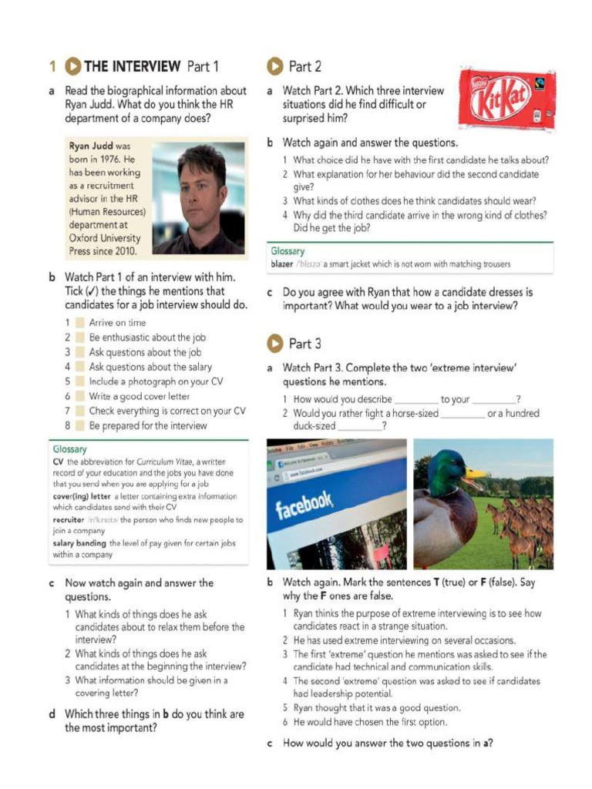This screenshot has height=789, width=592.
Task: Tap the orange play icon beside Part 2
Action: (274, 66)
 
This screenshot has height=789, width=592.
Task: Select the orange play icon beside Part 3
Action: (274, 343)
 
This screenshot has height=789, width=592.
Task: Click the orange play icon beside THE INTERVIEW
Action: (72, 66)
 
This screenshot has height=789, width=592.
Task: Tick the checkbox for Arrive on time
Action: (79, 323)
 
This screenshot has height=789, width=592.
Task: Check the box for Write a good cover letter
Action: (79, 396)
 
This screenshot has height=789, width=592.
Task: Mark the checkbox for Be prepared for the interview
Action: (79, 425)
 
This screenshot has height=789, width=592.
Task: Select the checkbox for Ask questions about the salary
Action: (79, 367)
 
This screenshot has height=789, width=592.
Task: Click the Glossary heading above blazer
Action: (287, 251)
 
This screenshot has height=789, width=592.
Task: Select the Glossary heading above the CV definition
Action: (69, 449)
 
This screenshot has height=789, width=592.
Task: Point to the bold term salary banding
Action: (79, 543)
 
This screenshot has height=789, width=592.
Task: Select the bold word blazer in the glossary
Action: (282, 264)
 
